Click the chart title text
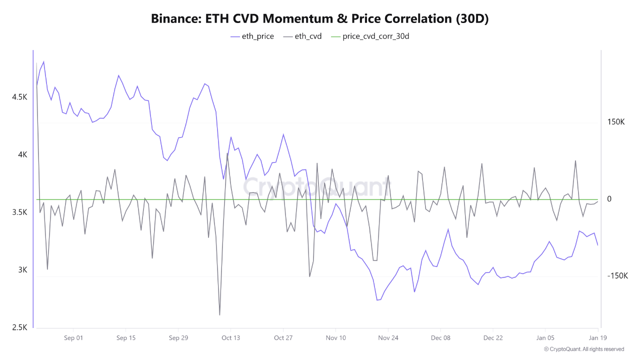[x=319, y=18]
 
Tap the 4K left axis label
[x=23, y=154]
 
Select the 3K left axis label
[x=23, y=270]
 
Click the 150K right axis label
[x=616, y=122]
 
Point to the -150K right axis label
[x=617, y=276]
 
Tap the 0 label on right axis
[x=609, y=199]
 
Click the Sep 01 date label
[x=73, y=337]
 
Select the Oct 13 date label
[x=230, y=337]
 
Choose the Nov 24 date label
[x=388, y=337]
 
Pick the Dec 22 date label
[x=493, y=337]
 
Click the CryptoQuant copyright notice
[x=583, y=349]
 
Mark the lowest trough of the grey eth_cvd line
[x=219, y=315]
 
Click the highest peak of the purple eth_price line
[x=43, y=61]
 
